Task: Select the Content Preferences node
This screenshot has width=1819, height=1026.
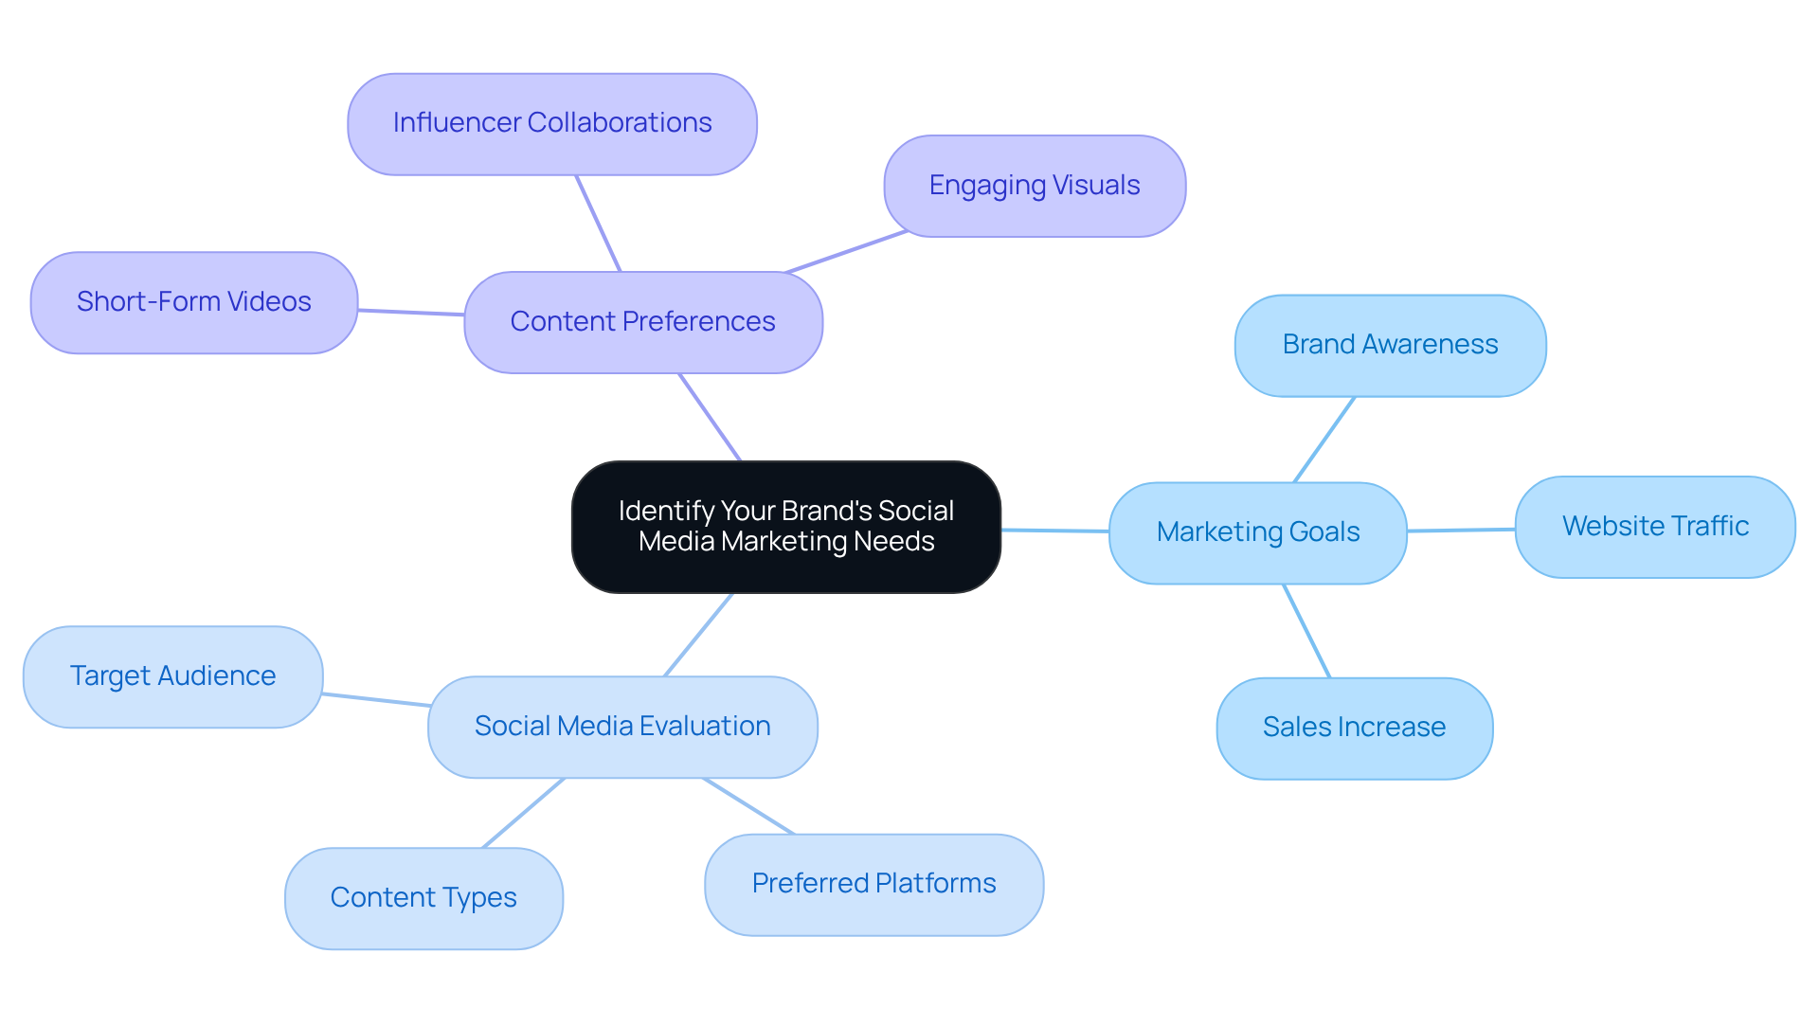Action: pos(642,322)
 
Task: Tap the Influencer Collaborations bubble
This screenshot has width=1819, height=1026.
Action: pos(551,124)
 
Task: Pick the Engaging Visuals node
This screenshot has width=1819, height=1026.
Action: pos(1034,186)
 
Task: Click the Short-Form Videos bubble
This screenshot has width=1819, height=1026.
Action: pos(193,302)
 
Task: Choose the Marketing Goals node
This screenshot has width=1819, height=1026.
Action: pos(1257,532)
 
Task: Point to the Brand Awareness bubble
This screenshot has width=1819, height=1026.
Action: pos(1389,345)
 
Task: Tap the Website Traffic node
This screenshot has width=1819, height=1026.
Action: pos(1654,527)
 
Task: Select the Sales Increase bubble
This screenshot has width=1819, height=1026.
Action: pos(1354,728)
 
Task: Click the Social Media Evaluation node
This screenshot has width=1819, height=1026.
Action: pos(621,727)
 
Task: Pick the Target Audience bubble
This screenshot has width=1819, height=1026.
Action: pos(172,676)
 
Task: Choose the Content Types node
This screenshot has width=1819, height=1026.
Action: pos(423,898)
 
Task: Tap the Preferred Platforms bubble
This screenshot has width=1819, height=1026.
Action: pos(873,884)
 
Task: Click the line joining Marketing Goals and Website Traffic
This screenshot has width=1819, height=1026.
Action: pos(1461,531)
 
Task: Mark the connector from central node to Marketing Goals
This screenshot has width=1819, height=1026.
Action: pos(1054,531)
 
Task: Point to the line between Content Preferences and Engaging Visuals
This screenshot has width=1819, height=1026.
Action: pos(846,252)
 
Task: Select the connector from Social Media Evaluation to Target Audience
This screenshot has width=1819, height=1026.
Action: pos(376,700)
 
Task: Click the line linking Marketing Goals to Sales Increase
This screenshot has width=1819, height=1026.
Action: pos(1306,631)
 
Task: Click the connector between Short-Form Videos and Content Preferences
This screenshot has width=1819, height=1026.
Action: pos(410,312)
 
